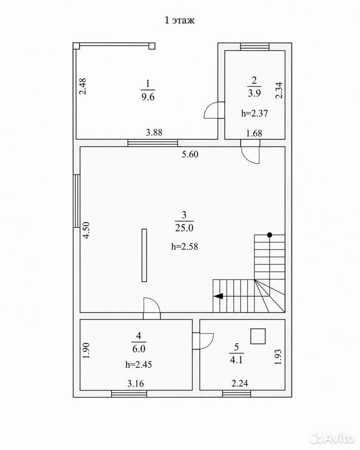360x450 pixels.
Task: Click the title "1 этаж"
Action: [180, 20]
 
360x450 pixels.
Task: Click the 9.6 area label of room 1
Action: [148, 97]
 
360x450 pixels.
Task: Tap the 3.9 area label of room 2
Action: [255, 93]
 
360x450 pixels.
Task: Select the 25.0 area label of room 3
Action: [184, 228]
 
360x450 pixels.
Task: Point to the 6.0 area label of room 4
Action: [139, 349]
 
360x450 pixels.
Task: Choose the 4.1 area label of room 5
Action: [236, 360]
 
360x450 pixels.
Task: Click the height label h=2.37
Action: [255, 113]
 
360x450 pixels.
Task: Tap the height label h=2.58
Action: [185, 246]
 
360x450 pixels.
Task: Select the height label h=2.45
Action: [139, 365]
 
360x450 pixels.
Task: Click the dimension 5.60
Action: [190, 154]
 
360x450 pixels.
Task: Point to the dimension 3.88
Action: [154, 132]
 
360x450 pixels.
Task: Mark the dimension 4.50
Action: [86, 230]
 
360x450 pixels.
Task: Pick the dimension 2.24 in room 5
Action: [240, 383]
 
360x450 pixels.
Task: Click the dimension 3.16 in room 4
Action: [136, 383]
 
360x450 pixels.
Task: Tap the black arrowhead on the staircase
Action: [218, 296]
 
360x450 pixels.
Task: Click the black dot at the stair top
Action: [270, 235]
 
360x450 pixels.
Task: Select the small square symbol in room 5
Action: [258, 337]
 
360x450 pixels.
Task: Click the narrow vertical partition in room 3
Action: [144, 255]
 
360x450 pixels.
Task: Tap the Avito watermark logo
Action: [332, 437]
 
